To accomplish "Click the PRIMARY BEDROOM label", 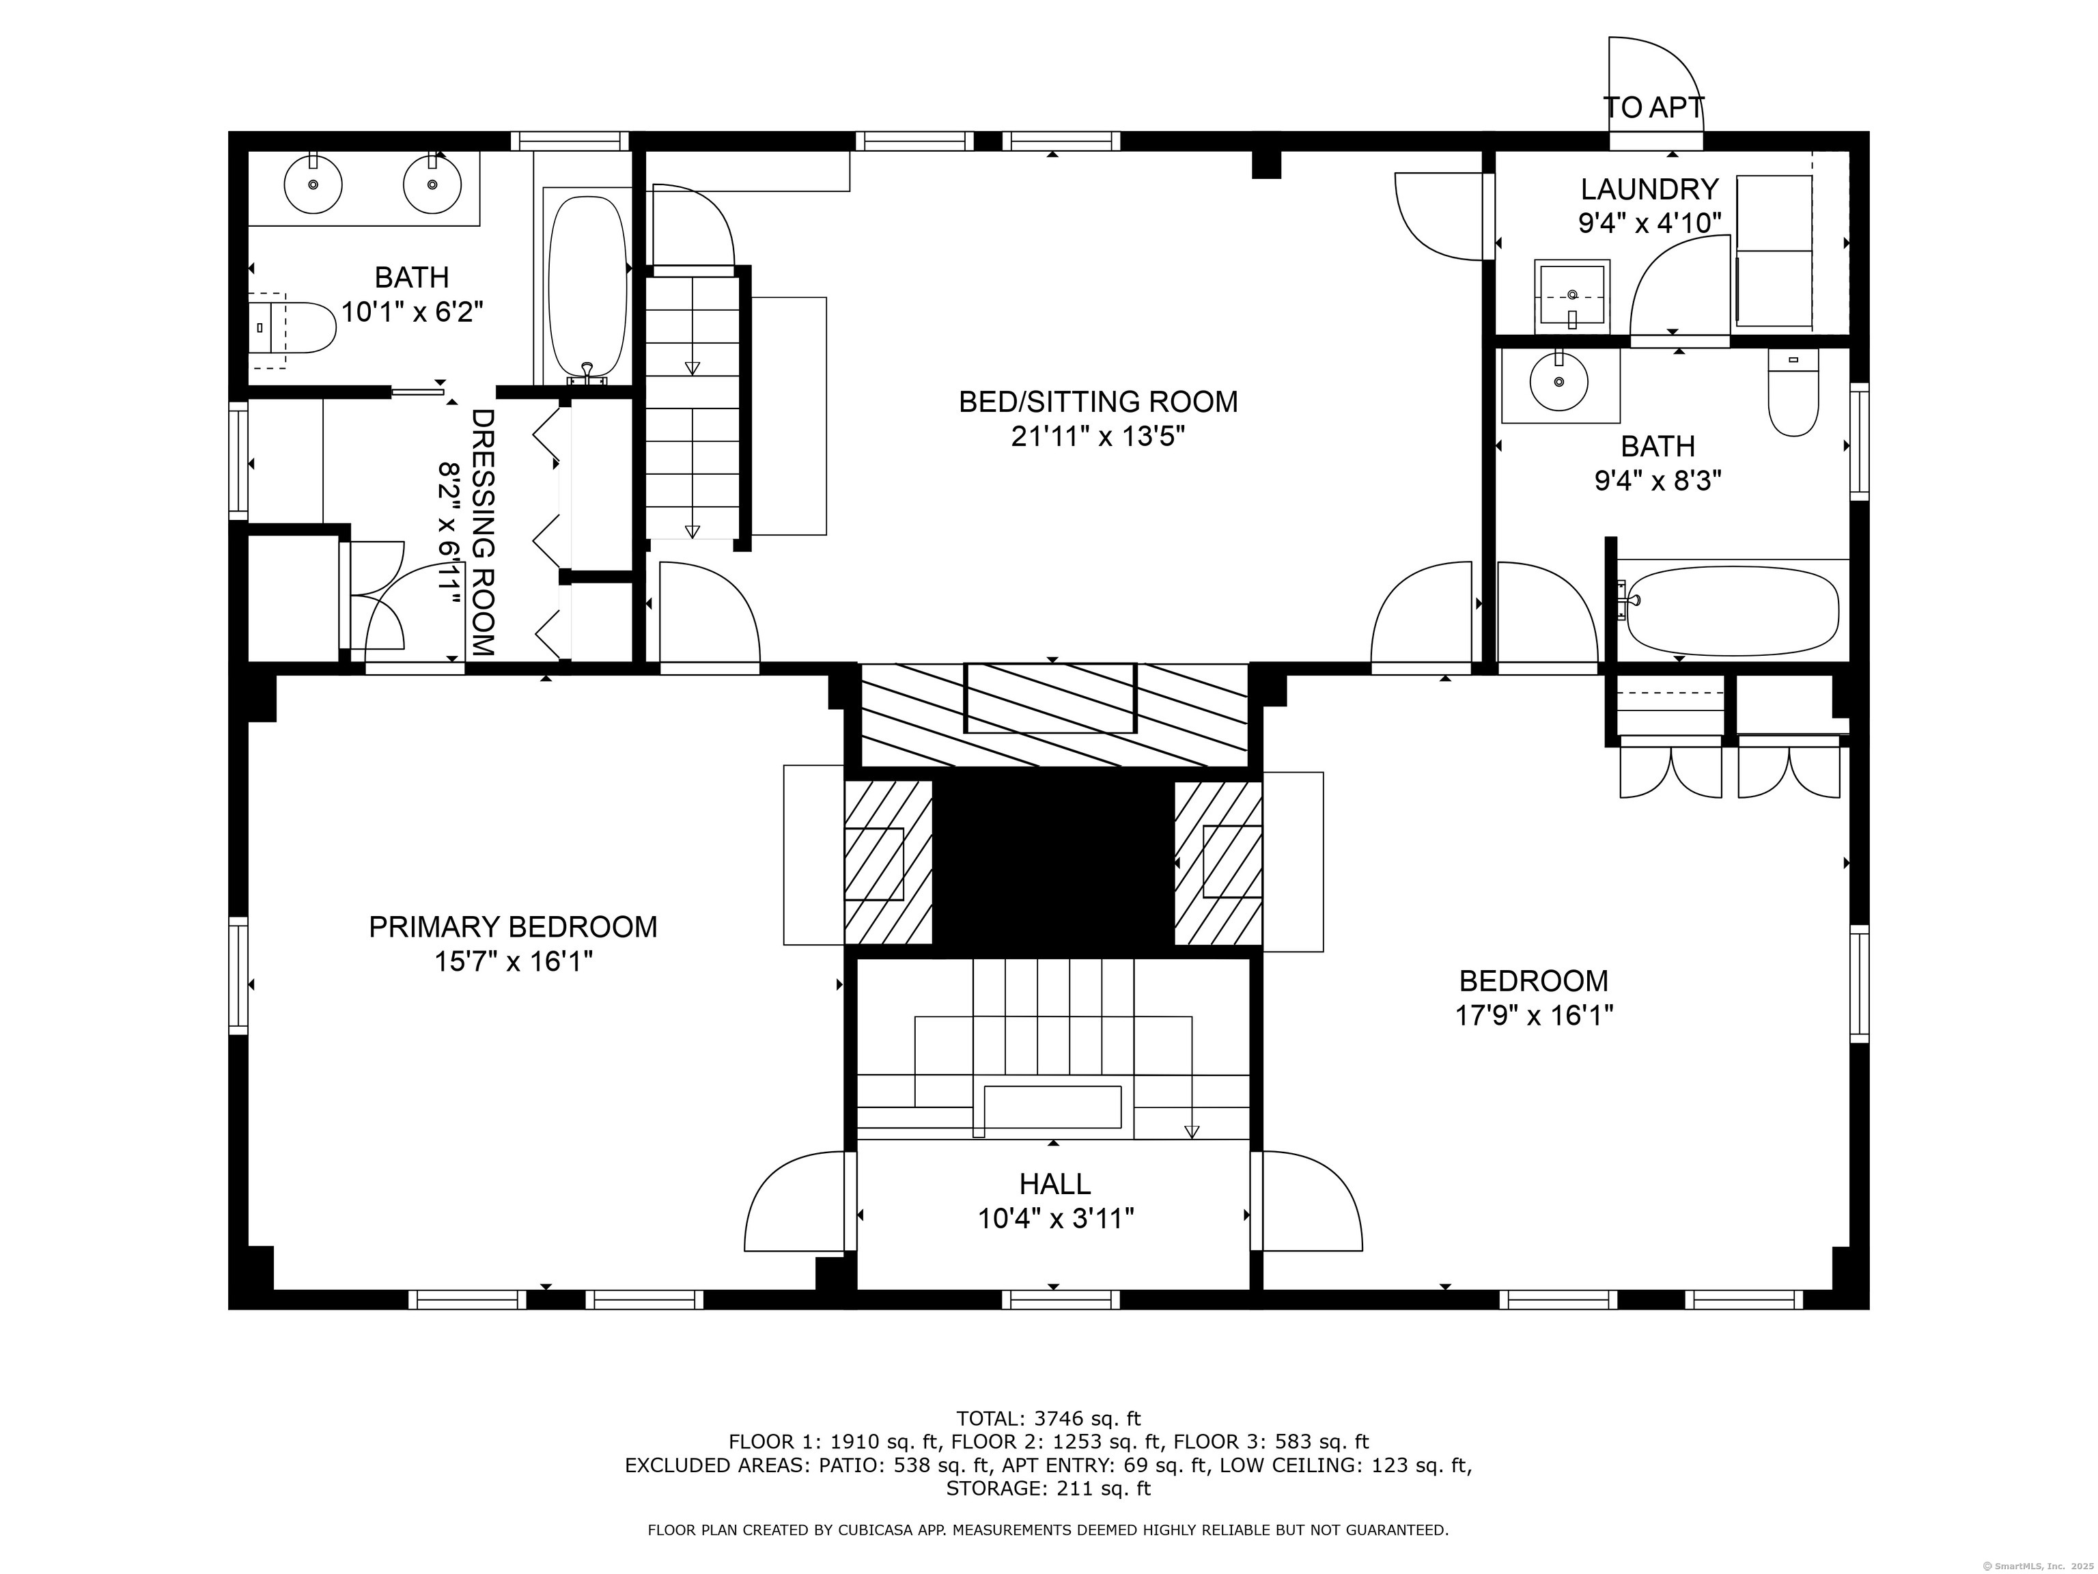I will coord(512,927).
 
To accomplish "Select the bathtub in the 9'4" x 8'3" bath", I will coord(1732,610).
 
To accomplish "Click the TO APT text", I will coord(1654,108).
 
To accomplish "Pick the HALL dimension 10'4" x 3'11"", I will coord(1056,1218).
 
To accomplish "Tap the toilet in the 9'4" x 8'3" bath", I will coord(1793,392).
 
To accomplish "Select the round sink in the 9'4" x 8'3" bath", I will coord(1558,381).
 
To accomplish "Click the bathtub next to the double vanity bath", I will coord(588,285).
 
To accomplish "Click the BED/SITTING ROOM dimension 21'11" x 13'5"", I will coord(1098,437).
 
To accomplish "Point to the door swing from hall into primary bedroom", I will coord(795,1203).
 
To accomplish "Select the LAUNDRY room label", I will coord(1649,190).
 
